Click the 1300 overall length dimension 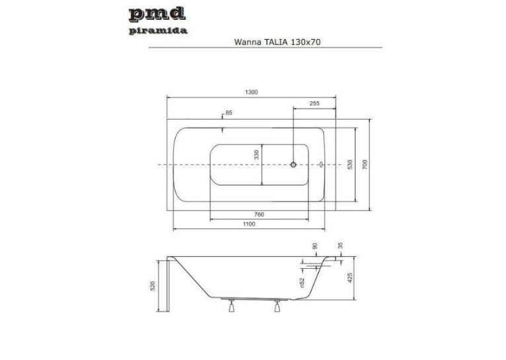click(252, 92)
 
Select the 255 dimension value click(314, 104)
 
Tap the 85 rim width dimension click(229, 112)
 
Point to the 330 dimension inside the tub click(256, 155)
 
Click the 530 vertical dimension click(350, 164)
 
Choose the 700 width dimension click(365, 165)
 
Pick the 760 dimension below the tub click(259, 215)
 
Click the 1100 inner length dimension click(249, 224)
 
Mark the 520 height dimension click(153, 286)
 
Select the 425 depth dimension click(350, 277)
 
